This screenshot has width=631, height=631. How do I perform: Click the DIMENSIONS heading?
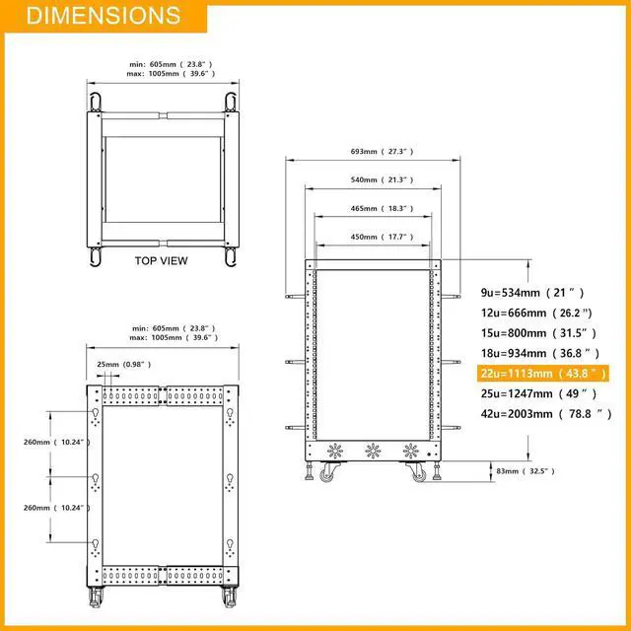coord(104,16)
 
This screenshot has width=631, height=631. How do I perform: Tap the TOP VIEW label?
coord(161,260)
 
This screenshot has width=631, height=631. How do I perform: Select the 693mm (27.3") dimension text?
coord(382,151)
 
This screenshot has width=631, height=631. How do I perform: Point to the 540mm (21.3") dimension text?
coord(382,179)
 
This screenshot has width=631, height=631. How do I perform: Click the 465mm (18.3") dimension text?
coord(382,208)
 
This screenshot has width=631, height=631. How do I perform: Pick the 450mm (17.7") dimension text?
coord(382,237)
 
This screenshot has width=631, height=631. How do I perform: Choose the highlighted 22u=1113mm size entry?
coord(543,374)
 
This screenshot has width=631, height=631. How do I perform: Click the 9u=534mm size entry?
coord(532,293)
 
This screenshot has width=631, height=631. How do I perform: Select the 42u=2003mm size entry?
coord(546,414)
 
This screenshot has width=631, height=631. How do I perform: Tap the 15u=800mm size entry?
coord(538,333)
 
